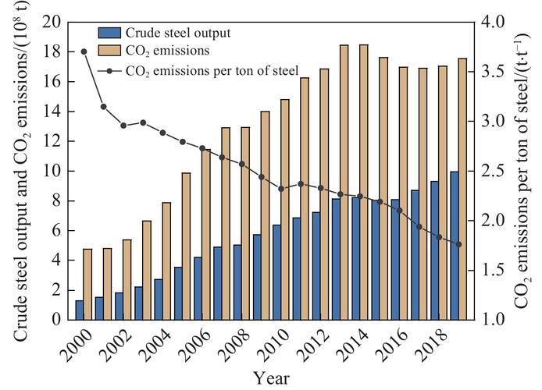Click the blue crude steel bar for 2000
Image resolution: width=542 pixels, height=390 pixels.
pos(79,310)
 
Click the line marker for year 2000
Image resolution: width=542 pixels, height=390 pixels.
pos(84,51)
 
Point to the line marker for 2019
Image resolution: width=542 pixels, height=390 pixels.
pos(458,244)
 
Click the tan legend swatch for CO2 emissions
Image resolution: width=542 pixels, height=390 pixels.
pos(113,51)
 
